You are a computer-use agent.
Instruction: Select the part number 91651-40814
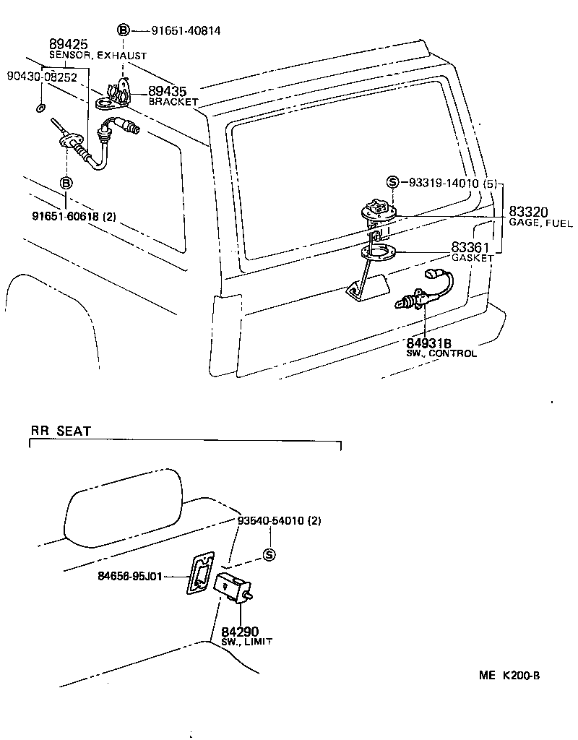pyautogui.click(x=186, y=30)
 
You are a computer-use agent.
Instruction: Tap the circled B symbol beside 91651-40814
pyautogui.click(x=124, y=30)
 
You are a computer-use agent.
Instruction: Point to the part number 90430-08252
pyautogui.click(x=42, y=77)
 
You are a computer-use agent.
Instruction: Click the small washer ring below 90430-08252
pyautogui.click(x=40, y=108)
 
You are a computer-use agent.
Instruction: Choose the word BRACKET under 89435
pyautogui.click(x=173, y=102)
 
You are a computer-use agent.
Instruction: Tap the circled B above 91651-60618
pyautogui.click(x=66, y=183)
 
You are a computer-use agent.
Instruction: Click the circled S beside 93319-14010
pyautogui.click(x=392, y=183)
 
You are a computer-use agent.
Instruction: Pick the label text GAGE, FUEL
pyautogui.click(x=540, y=224)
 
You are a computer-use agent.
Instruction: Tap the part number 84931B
pyautogui.click(x=428, y=343)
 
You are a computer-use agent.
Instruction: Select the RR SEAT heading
pyautogui.click(x=61, y=431)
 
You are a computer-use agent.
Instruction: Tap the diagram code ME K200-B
pyautogui.click(x=509, y=676)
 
